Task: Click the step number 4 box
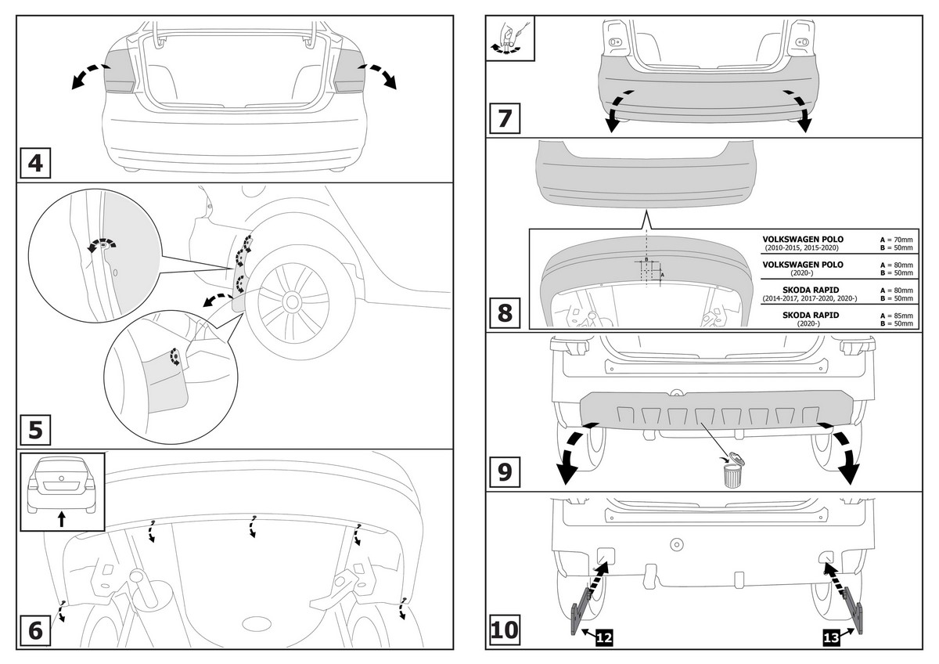pyautogui.click(x=35, y=164)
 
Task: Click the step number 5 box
pyautogui.click(x=35, y=430)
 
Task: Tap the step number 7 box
pyautogui.click(x=505, y=119)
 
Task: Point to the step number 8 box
pyautogui.click(x=505, y=312)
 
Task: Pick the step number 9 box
pyautogui.click(x=505, y=471)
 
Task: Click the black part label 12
pyautogui.click(x=603, y=638)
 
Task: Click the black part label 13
pyautogui.click(x=832, y=638)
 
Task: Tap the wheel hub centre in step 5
pyautogui.click(x=293, y=301)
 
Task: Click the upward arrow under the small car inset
pyautogui.click(x=62, y=518)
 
